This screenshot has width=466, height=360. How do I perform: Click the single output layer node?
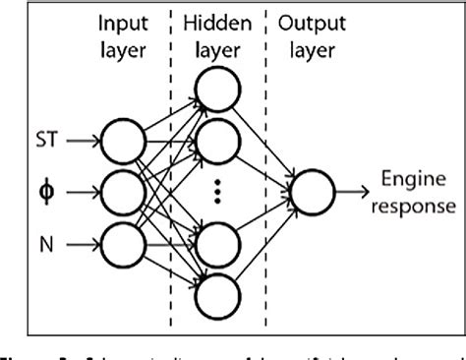tap(314, 190)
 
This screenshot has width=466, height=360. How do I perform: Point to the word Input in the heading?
tap(128, 21)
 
